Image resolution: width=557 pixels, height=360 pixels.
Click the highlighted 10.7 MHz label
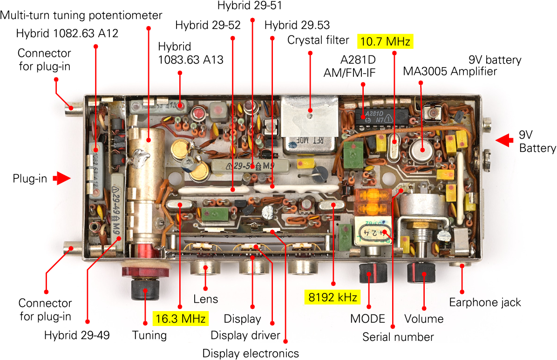point(385,41)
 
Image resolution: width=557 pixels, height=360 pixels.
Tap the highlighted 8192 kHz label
point(333,297)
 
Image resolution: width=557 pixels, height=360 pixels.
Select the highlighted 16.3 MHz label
point(180,319)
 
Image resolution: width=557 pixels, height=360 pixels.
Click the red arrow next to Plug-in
point(62,178)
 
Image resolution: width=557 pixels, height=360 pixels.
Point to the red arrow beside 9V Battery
point(504,140)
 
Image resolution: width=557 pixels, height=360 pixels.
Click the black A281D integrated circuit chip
point(381,116)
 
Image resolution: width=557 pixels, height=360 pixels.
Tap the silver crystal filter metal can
point(309,124)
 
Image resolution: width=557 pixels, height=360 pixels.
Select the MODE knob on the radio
point(372,273)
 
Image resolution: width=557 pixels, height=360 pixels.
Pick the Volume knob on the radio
point(421,273)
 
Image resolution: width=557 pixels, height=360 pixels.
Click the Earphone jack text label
point(485,302)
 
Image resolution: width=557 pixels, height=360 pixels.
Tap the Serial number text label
point(398,337)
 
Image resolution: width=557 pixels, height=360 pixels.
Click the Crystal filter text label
point(318,40)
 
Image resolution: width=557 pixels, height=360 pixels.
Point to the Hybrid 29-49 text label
point(77,335)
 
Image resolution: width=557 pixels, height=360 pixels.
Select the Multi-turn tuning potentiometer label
point(81,15)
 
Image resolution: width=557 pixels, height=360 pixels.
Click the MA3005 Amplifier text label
point(450,71)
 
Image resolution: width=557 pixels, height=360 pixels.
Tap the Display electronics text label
point(251,353)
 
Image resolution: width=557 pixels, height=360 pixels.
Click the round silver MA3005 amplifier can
point(421,149)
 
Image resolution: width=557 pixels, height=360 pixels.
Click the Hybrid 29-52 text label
point(208,25)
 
